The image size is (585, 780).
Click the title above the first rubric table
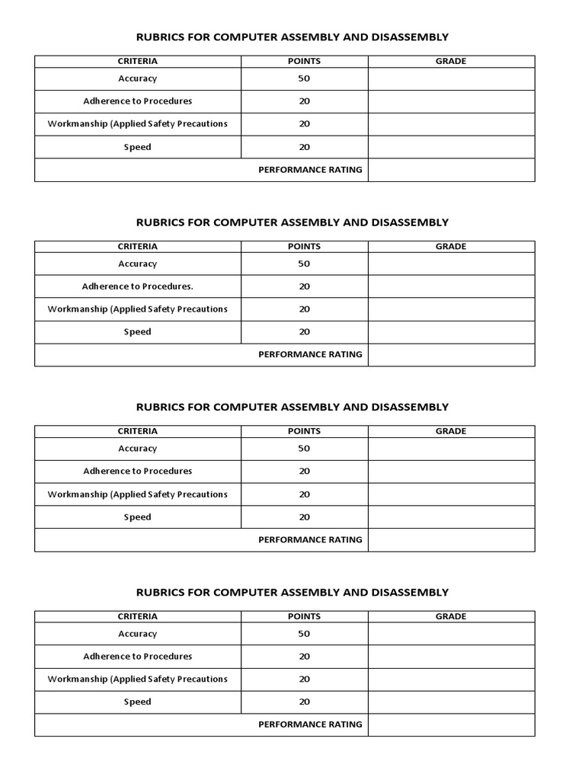[292, 37]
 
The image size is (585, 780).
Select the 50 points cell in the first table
[304, 78]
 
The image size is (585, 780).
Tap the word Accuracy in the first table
[137, 78]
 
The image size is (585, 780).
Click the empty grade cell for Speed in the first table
[451, 147]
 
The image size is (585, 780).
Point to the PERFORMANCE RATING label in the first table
[310, 170]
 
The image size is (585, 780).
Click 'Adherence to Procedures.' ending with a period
[137, 286]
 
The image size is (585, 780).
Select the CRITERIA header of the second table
[137, 246]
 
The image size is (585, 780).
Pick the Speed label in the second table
[137, 332]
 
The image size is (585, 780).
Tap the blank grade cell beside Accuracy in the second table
[451, 264]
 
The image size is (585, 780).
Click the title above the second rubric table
[292, 222]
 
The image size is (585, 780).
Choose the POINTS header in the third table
[304, 431]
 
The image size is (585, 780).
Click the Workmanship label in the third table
[137, 494]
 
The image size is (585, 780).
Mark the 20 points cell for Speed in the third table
[304, 517]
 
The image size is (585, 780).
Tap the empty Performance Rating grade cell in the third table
[451, 539]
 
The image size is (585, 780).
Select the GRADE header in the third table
[451, 431]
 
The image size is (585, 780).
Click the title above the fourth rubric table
[292, 592]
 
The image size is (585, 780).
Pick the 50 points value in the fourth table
[304, 634]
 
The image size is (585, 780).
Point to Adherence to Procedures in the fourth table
[137, 656]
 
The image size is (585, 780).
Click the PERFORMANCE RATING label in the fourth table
[310, 724]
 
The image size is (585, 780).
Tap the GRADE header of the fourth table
[451, 616]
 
